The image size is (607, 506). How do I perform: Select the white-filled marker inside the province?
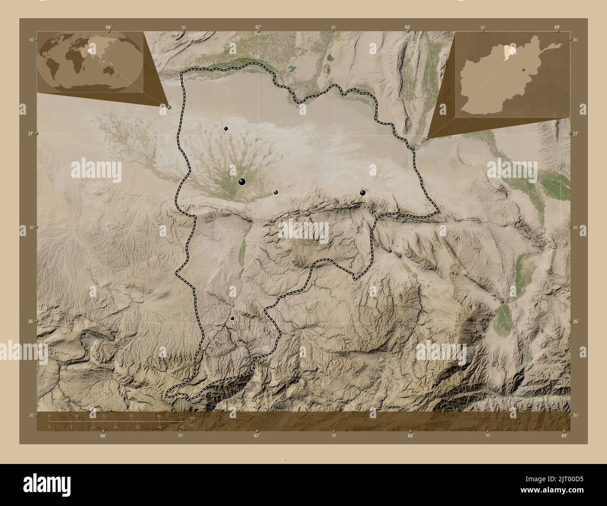tap(276, 192)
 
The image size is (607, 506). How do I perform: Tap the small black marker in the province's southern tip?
tap(232, 318)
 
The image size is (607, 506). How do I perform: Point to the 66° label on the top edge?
tap(108, 27)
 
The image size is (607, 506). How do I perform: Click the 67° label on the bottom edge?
tap(256, 436)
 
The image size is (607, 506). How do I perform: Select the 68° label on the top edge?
tap(408, 27)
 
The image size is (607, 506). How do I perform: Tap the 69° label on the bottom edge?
tap(564, 436)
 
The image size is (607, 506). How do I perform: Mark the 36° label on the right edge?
tap(575, 322)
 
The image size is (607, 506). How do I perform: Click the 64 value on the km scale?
tap(159, 415)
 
